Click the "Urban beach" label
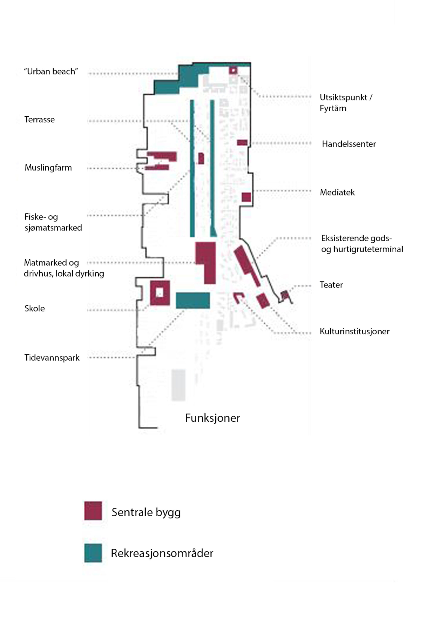(x=51, y=71)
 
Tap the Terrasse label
(x=39, y=119)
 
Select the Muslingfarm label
(x=48, y=168)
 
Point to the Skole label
(x=35, y=308)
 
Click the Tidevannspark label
(x=52, y=358)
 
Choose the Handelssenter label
(x=349, y=144)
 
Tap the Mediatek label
(x=337, y=192)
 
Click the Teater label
(x=331, y=285)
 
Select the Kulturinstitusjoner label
(x=355, y=331)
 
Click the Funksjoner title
(x=212, y=418)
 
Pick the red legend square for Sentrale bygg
(x=93, y=511)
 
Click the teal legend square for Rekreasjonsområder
(x=93, y=553)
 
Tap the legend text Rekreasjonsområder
(x=162, y=553)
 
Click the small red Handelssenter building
(x=242, y=142)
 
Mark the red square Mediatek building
(x=246, y=197)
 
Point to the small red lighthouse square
(x=233, y=70)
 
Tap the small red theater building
(x=284, y=295)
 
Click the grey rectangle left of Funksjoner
(x=178, y=385)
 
